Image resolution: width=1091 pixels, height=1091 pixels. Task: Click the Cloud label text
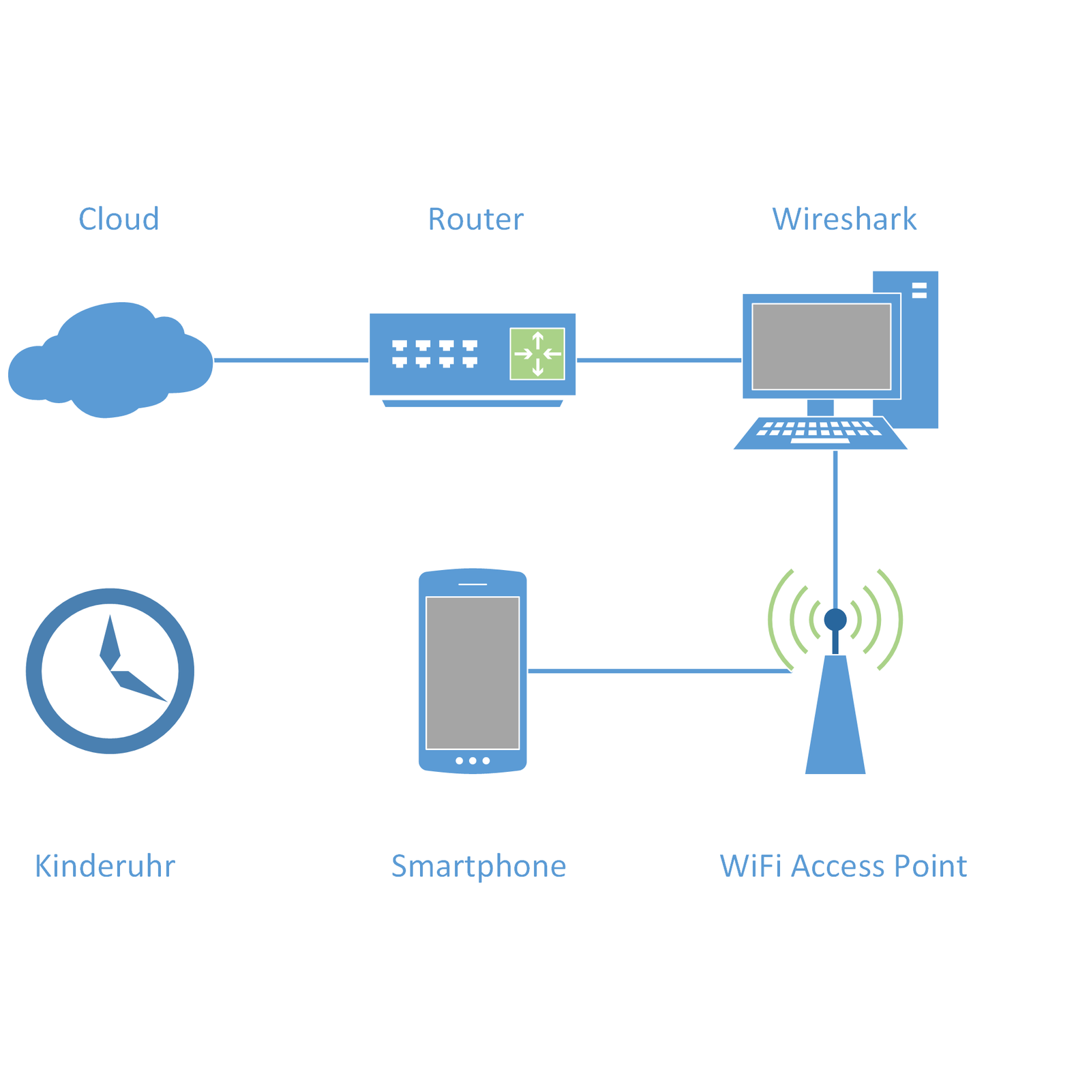click(x=119, y=219)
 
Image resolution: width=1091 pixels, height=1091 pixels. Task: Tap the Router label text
click(x=475, y=219)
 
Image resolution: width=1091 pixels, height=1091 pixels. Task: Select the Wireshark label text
click(x=844, y=219)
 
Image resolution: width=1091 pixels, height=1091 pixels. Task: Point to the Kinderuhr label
click(x=105, y=866)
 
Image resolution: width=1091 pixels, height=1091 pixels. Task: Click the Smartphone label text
click(x=479, y=866)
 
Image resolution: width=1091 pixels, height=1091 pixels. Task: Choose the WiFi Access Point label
click(x=843, y=866)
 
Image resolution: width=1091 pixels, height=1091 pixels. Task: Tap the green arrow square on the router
click(x=537, y=354)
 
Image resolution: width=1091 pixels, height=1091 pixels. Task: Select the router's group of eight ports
click(x=434, y=354)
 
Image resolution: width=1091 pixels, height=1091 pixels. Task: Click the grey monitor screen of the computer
click(x=821, y=346)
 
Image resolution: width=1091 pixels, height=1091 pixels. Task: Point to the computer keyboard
click(x=820, y=432)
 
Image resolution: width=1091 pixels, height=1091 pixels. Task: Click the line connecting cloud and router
click(x=291, y=360)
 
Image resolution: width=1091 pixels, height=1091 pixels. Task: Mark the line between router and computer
click(x=659, y=360)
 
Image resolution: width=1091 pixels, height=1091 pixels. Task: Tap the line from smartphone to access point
click(x=659, y=671)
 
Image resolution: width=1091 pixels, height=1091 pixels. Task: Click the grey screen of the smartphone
click(x=473, y=672)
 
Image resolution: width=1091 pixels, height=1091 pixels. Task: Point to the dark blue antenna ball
click(x=835, y=620)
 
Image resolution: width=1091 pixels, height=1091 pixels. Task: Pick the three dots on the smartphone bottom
click(x=473, y=760)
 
